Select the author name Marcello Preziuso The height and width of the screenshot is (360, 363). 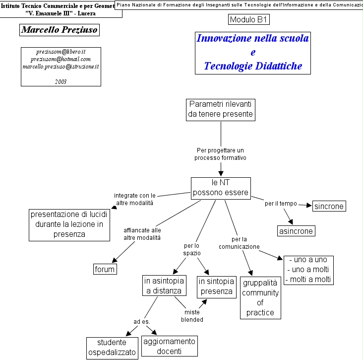pos(60,30)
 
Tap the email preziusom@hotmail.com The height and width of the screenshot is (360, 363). pos(60,59)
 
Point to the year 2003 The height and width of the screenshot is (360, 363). pos(60,81)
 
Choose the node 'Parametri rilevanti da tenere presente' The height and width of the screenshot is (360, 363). pos(221,109)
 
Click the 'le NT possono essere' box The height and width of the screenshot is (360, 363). pos(221,188)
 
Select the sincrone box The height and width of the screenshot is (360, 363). pos(328,206)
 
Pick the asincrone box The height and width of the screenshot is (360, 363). pos(296,231)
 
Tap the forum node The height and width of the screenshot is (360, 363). pos(105,270)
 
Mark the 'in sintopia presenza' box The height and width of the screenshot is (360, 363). pos(216,287)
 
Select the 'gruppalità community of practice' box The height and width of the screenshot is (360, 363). pos(260,297)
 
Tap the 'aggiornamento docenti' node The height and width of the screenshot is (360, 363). pos(170,346)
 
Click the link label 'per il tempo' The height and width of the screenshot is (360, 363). pos(281,204)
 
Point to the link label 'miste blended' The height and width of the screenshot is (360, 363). pos(192,316)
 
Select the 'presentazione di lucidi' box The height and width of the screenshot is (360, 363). pos(69,224)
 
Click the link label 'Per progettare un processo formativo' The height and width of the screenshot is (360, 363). pos(221,153)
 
